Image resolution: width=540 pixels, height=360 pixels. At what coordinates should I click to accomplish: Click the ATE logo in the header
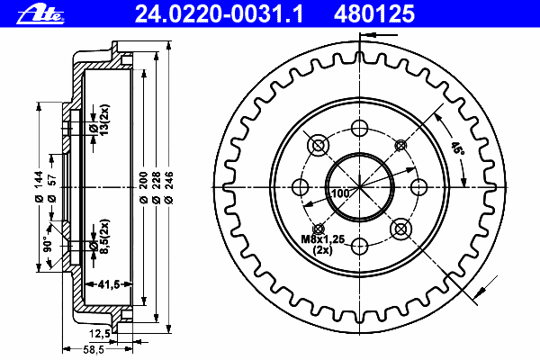point(40,15)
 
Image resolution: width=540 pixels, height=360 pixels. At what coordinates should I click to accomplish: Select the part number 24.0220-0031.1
point(219,14)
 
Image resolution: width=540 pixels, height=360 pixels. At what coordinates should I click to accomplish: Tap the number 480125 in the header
point(374,14)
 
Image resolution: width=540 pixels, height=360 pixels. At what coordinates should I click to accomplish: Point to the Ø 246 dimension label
point(169,188)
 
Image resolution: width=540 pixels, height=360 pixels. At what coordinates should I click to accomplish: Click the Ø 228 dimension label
point(156,188)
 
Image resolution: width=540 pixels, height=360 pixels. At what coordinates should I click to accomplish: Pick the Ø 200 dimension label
point(143,188)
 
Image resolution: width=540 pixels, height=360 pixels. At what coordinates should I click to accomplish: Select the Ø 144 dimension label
point(39,186)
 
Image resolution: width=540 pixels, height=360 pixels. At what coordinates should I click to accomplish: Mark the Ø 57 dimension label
point(51,188)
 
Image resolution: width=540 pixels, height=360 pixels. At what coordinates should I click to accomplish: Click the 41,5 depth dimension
point(109,284)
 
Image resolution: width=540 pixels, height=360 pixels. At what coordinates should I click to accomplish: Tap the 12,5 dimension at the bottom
point(100,334)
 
